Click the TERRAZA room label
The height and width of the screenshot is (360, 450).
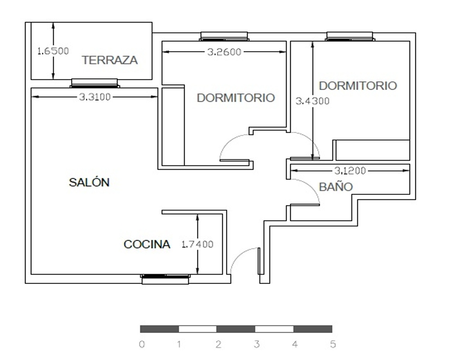tap(110, 60)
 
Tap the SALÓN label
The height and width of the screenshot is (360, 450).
tap(89, 182)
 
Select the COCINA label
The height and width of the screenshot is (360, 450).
tap(147, 244)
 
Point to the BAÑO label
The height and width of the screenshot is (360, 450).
tap(336, 187)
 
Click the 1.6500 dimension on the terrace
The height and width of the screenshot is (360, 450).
tap(54, 51)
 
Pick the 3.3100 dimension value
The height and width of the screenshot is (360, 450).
tap(94, 97)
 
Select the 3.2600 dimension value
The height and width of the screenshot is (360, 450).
tap(224, 52)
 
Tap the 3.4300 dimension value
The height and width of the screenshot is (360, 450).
tap(313, 101)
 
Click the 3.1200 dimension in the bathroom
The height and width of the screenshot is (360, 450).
tap(350, 171)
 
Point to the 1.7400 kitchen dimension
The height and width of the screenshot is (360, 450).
tap(198, 244)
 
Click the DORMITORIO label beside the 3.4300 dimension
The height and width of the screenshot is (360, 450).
tap(358, 86)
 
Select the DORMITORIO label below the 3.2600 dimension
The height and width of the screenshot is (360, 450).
tap(236, 98)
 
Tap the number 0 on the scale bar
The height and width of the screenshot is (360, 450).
tap(142, 344)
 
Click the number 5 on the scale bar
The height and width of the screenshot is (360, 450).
tap(333, 344)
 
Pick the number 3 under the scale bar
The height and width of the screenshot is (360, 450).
tap(256, 344)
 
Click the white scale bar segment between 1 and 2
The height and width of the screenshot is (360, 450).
tap(198, 329)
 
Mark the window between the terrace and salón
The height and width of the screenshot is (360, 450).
tap(94, 83)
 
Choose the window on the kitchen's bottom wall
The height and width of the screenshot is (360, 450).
tap(165, 279)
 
